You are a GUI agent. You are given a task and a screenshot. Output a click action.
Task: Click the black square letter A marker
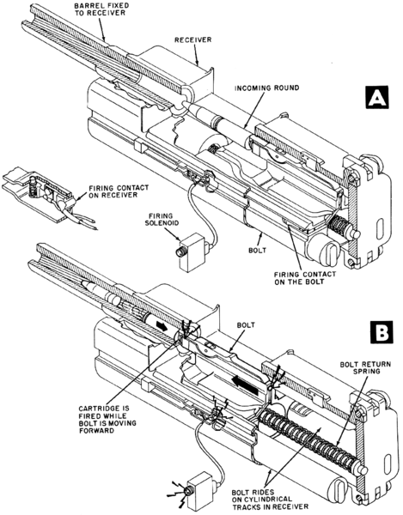(x=376, y=97)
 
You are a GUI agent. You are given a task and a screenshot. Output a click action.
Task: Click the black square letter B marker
(x=381, y=333)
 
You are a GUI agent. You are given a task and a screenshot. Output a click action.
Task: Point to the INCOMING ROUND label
(x=267, y=88)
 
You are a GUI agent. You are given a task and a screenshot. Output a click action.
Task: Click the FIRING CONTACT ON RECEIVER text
(x=119, y=191)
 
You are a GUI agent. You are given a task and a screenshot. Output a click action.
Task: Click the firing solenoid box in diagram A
(x=192, y=251)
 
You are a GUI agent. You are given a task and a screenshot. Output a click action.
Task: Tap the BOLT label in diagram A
(x=257, y=251)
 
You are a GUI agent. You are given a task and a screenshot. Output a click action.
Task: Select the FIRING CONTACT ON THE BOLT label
(x=305, y=278)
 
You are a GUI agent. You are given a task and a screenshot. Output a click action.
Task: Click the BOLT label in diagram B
(x=246, y=325)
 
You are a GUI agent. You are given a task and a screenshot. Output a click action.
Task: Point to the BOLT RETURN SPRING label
(x=365, y=368)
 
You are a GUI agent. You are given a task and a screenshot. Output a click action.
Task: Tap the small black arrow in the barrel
(x=161, y=326)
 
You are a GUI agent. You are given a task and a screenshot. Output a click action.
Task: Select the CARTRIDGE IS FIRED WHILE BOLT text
(x=107, y=415)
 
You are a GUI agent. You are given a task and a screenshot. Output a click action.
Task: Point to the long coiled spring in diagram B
(x=309, y=436)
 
